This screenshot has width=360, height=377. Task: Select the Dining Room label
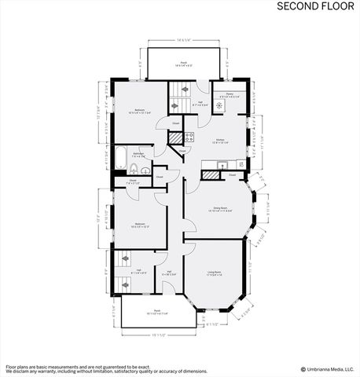[x=217, y=210]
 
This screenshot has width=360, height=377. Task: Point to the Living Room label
[x=215, y=273]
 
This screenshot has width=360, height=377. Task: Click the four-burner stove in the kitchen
[x=189, y=137]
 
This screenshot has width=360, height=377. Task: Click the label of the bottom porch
[x=156, y=312]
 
